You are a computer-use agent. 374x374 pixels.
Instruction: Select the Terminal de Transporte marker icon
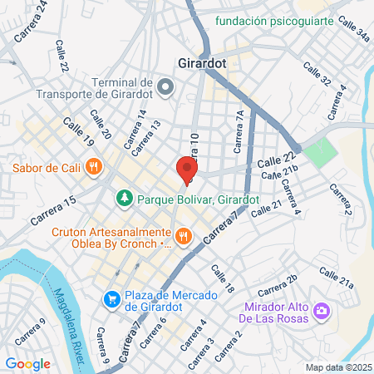pyautogui.click(x=165, y=86)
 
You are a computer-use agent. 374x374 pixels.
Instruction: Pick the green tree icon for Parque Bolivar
pyautogui.click(x=125, y=199)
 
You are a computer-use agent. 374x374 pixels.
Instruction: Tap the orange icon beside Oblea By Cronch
pyautogui.click(x=184, y=238)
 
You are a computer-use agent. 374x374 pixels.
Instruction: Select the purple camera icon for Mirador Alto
pyautogui.click(x=321, y=312)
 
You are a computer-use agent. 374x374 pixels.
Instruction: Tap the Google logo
pyautogui.click(x=27, y=363)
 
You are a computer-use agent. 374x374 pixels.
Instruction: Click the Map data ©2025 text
pyautogui.click(x=337, y=367)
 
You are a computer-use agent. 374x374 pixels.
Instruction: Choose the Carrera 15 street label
pyautogui.click(x=55, y=210)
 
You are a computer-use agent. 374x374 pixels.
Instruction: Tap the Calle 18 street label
pyautogui.click(x=223, y=279)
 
